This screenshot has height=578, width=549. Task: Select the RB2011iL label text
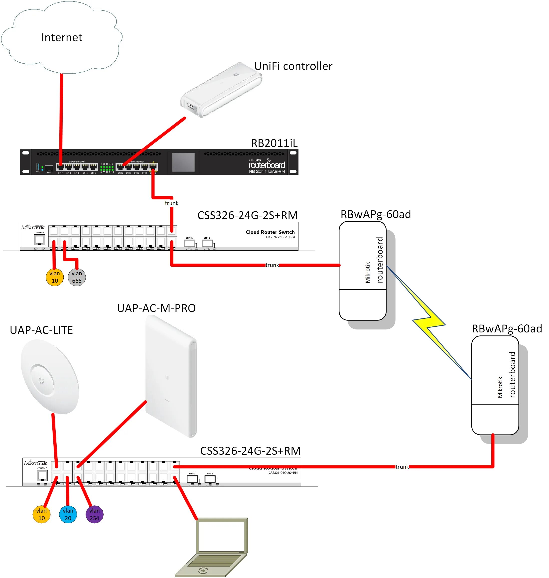pos(274,143)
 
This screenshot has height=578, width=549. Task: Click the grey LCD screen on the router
pos(183,162)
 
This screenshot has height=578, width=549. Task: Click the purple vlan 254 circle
pos(94,514)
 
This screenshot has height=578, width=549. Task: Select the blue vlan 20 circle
pos(68,514)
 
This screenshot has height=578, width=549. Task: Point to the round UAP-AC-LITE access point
pos(50,377)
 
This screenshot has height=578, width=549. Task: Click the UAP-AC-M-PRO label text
pos(156,308)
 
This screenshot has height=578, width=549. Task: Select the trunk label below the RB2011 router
pos(171,203)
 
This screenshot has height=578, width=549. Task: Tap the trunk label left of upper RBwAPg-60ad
pos(272,265)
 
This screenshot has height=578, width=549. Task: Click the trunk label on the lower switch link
pos(402,467)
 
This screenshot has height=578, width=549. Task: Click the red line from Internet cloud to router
pos(61,117)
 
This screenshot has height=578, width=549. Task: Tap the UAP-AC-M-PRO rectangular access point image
pos(171,376)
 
